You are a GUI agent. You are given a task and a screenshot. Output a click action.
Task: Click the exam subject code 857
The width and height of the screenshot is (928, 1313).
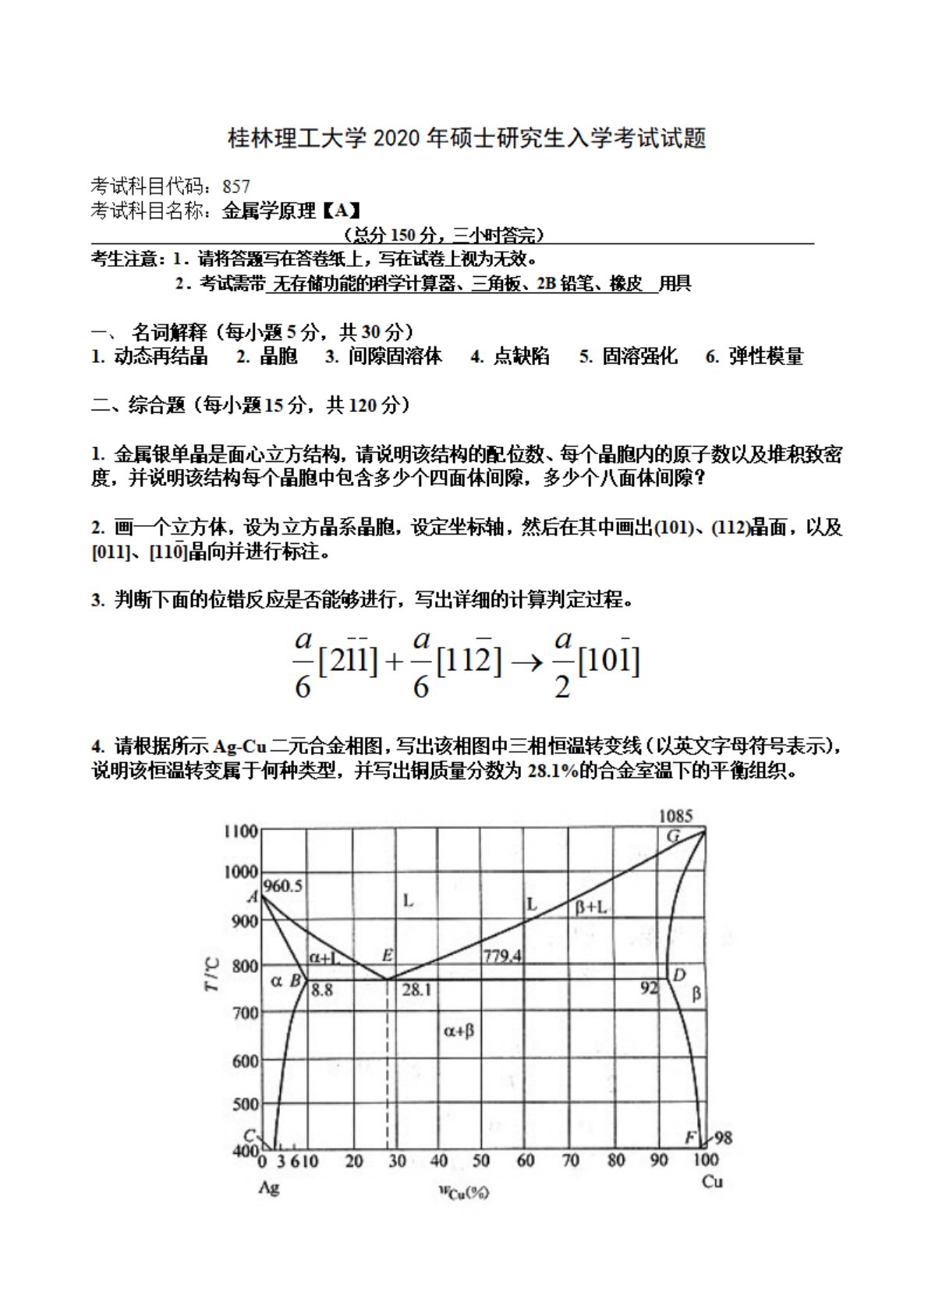tap(236, 186)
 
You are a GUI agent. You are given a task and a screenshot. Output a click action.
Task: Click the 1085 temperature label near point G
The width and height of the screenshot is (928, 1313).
tap(675, 816)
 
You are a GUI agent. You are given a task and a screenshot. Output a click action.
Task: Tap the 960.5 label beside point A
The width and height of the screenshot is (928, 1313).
tap(283, 885)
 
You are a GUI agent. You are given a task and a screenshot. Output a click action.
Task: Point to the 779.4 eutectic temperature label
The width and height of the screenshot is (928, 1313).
tap(501, 956)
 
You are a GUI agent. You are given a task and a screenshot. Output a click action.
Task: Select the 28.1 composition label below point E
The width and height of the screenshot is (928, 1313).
tap(416, 990)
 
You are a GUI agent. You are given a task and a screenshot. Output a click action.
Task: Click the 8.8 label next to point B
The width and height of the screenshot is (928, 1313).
tap(321, 990)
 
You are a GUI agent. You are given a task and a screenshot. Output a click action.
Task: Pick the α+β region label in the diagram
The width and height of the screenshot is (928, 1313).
tap(459, 1031)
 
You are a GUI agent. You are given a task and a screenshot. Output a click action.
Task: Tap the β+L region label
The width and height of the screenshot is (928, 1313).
tap(591, 907)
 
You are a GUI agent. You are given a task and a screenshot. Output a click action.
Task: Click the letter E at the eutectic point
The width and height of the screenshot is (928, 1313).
tap(388, 955)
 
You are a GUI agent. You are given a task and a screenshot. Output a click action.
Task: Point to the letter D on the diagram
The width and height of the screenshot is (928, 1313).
tap(679, 975)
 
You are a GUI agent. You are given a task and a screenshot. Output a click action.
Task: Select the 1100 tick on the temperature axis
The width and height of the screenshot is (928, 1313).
tap(240, 831)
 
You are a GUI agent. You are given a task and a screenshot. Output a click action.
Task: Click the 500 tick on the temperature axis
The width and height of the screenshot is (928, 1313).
tap(245, 1104)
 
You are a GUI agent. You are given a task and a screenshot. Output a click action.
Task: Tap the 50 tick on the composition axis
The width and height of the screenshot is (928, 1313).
tap(481, 1161)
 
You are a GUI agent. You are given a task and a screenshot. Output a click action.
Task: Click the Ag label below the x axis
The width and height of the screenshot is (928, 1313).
tap(268, 1187)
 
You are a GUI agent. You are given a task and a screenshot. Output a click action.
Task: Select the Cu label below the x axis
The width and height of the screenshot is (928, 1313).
tap(712, 1181)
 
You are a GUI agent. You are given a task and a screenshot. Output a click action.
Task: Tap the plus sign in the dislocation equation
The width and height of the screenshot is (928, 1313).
tap(395, 662)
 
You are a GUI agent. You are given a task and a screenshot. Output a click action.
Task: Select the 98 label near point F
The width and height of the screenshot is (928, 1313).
tap(723, 1137)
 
